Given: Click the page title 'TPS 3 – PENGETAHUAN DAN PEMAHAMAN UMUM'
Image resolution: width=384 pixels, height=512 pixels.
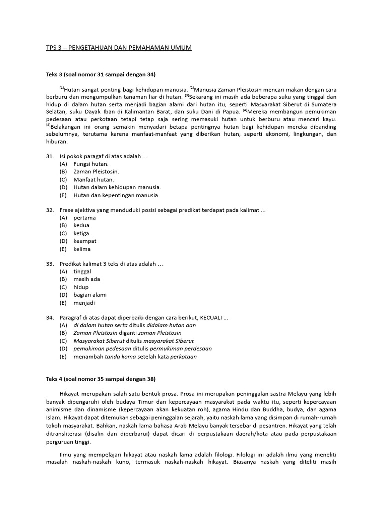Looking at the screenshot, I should (x=118, y=47).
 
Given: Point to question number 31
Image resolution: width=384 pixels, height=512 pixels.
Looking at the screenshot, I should (x=50, y=156).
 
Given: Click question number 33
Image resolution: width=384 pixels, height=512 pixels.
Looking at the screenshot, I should (x=50, y=263).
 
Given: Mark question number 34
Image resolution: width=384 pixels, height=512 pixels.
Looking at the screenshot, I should (x=50, y=317).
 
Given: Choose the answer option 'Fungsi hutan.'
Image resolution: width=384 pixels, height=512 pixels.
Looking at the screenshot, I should (x=91, y=164).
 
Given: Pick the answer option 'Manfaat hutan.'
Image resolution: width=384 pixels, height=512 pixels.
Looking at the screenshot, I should (x=94, y=180).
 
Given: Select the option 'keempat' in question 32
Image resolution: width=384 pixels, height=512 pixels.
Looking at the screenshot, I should (x=85, y=241).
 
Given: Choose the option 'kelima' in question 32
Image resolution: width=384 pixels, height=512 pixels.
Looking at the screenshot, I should (x=82, y=249).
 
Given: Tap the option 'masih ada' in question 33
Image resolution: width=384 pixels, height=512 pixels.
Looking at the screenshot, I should (x=87, y=279).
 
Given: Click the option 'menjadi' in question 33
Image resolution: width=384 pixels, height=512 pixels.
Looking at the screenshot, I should (x=84, y=303).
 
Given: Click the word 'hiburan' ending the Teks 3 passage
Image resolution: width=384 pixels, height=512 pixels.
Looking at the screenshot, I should (x=56, y=142).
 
